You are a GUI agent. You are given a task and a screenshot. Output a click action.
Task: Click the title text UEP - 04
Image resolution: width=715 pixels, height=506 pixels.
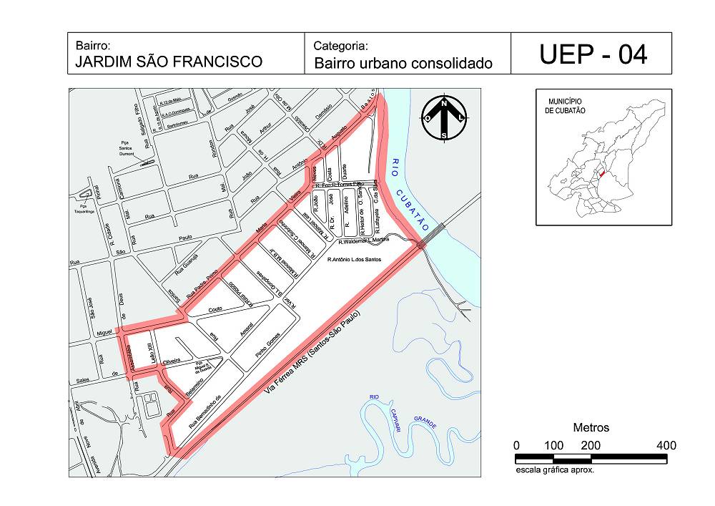click(x=593, y=54)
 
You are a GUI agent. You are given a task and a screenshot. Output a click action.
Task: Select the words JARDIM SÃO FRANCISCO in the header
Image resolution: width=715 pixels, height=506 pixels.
click(x=169, y=62)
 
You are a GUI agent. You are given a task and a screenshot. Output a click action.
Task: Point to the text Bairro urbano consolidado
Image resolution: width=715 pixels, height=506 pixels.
click(x=403, y=63)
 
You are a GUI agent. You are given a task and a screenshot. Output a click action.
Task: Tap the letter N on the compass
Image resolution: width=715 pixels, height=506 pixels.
click(x=443, y=103)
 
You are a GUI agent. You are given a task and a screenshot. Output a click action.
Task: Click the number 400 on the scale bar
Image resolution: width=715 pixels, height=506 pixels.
click(x=666, y=445)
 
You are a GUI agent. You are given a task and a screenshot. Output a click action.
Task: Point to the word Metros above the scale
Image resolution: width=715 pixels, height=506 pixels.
click(x=591, y=427)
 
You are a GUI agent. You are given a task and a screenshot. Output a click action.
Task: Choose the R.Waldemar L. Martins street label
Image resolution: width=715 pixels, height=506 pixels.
click(x=364, y=240)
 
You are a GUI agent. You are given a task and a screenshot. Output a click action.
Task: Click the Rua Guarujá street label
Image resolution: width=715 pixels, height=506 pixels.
click(x=188, y=268)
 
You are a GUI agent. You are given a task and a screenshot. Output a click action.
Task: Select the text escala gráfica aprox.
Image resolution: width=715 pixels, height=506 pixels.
click(x=555, y=471)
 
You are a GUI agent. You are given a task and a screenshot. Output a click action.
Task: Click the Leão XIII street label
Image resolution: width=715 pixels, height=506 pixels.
click(x=149, y=354)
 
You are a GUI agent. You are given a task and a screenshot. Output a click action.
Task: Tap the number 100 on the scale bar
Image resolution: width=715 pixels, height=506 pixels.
click(x=553, y=445)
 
